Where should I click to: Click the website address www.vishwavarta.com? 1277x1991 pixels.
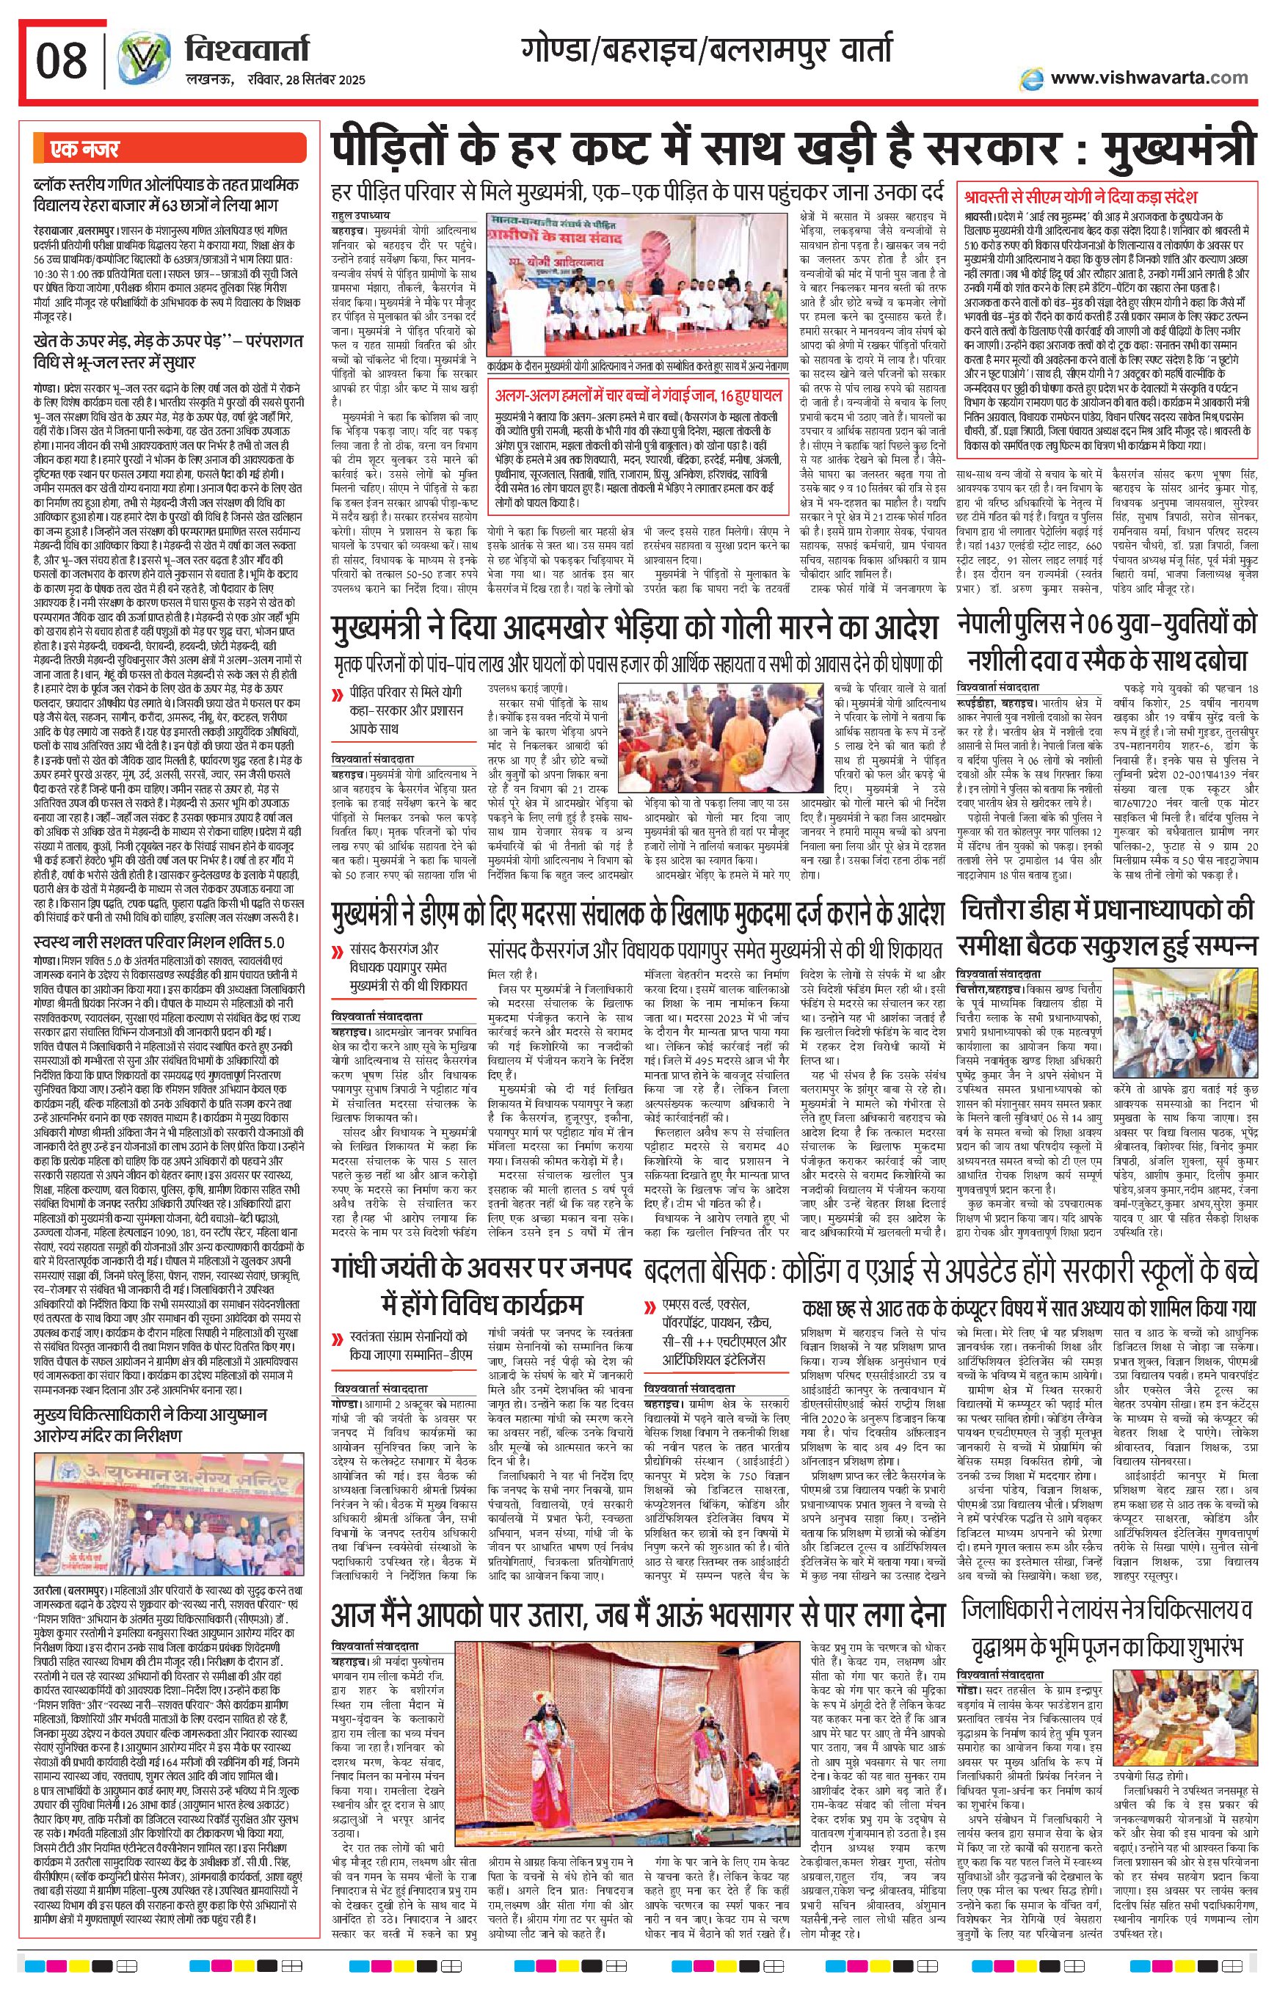[x=1149, y=78]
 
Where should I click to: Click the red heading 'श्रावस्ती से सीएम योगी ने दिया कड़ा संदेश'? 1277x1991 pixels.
[x=1080, y=197]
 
